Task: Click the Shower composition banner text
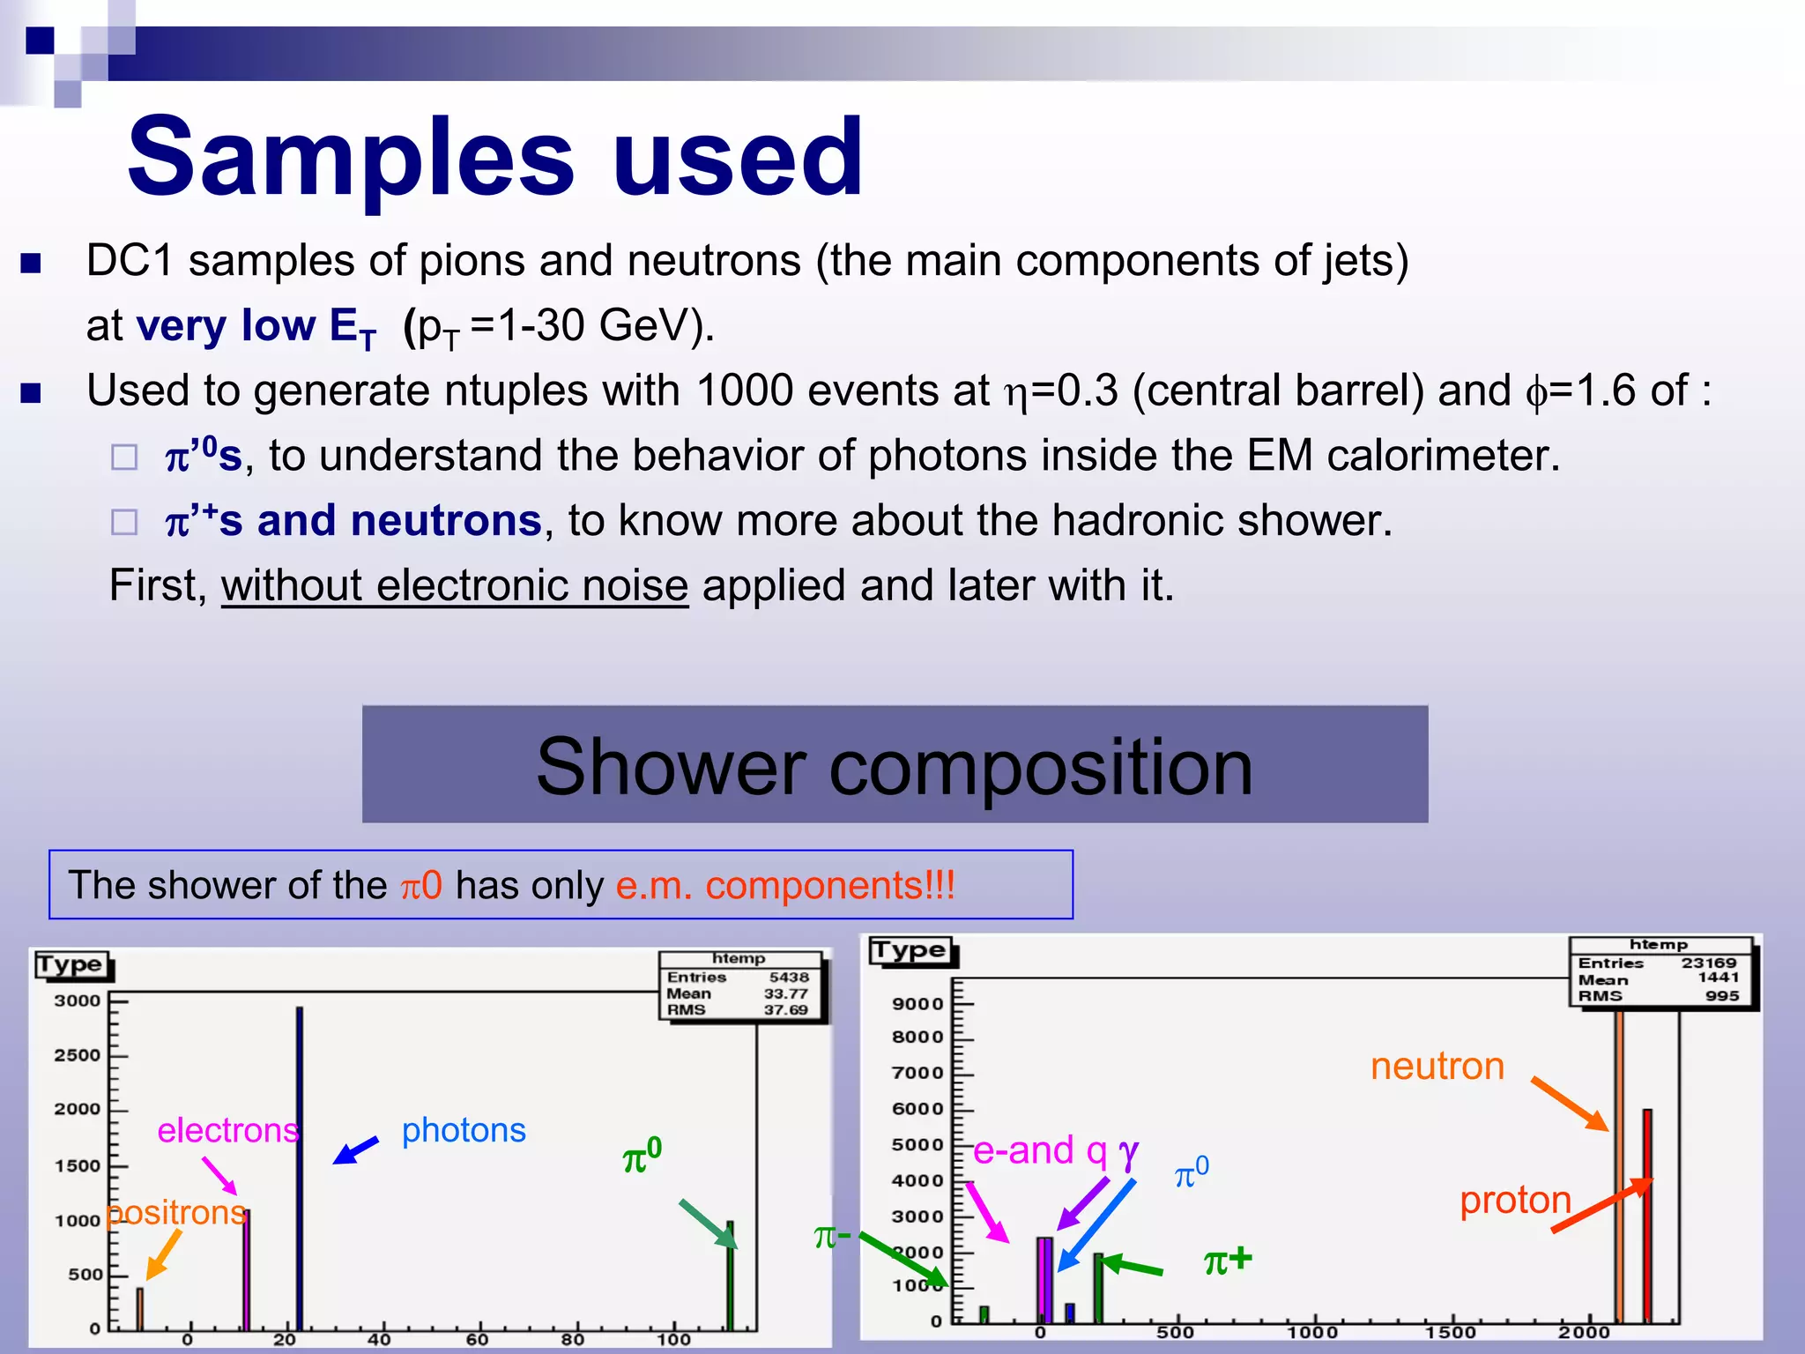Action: (894, 766)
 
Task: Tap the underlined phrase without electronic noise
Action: (454, 586)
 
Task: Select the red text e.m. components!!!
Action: (784, 885)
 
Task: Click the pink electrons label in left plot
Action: (227, 1130)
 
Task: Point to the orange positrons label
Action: (176, 1213)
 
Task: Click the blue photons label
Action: (464, 1130)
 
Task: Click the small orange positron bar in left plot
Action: (139, 1308)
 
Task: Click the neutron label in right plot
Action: (1437, 1067)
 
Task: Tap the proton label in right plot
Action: (1515, 1201)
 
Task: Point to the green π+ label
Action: (1228, 1261)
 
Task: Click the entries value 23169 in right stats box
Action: (1708, 963)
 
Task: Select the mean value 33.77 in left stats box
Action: (785, 993)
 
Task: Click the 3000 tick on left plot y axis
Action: (78, 1001)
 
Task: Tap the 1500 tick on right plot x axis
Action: (1450, 1333)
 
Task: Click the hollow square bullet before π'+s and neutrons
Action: (124, 522)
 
